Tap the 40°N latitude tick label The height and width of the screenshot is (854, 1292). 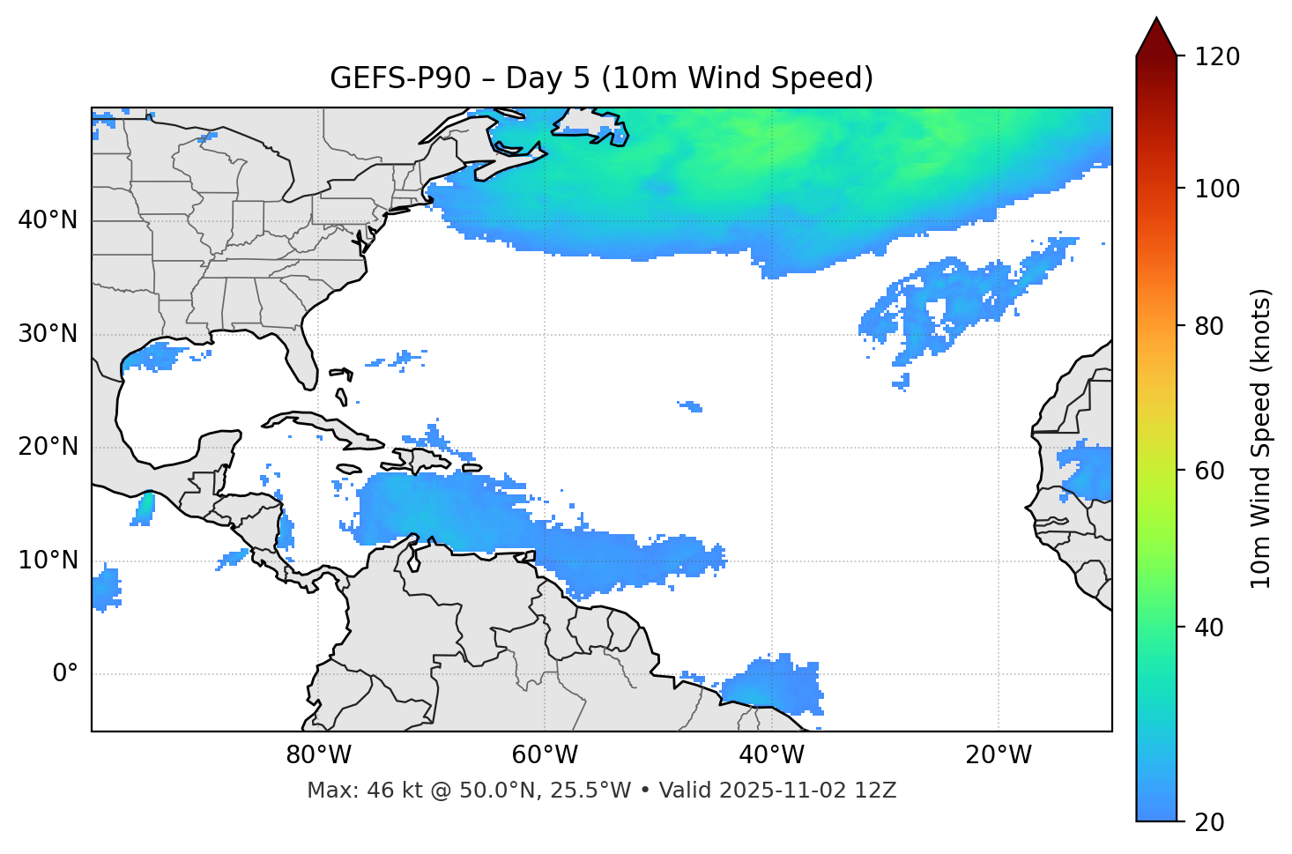click(48, 220)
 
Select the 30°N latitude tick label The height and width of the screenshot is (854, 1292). click(48, 334)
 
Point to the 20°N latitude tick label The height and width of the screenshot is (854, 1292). click(48, 447)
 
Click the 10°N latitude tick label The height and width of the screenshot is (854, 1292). click(48, 561)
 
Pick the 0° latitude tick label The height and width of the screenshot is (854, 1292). click(64, 674)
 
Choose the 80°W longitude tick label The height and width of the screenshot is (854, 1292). click(318, 755)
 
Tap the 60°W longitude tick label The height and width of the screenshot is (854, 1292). click(545, 755)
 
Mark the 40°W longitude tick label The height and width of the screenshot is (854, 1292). click(771, 755)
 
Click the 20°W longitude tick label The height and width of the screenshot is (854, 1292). click(998, 755)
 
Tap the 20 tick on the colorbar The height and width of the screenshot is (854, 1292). click(1208, 822)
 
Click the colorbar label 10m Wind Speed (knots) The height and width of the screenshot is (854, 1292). click(1261, 439)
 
